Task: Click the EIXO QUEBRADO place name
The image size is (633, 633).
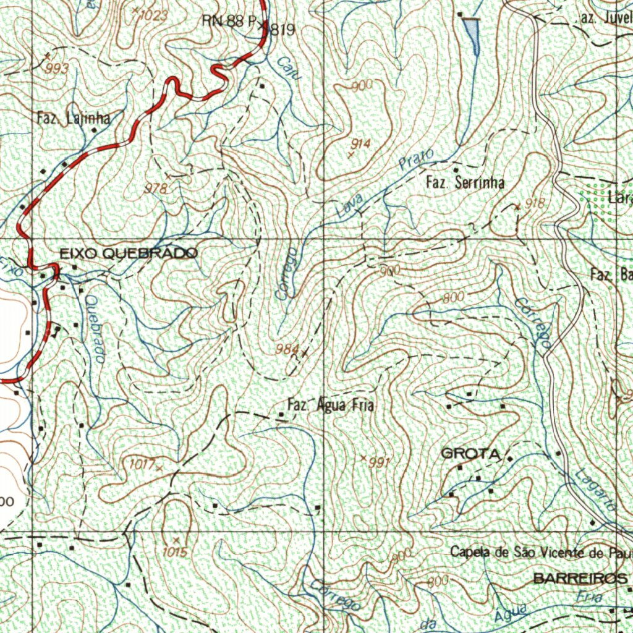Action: tap(129, 253)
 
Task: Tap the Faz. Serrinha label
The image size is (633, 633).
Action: tap(465, 182)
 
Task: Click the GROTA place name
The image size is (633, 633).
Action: tap(470, 454)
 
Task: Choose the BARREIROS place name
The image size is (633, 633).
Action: tap(579, 579)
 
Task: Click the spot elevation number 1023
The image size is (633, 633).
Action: tap(153, 16)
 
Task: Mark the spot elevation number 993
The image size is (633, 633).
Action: tap(57, 69)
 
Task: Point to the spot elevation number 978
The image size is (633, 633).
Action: tap(155, 189)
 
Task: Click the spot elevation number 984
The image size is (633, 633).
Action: tap(288, 350)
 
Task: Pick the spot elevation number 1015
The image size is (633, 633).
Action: tap(175, 552)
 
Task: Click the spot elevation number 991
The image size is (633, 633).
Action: tap(380, 462)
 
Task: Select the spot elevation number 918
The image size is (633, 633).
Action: tap(535, 203)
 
